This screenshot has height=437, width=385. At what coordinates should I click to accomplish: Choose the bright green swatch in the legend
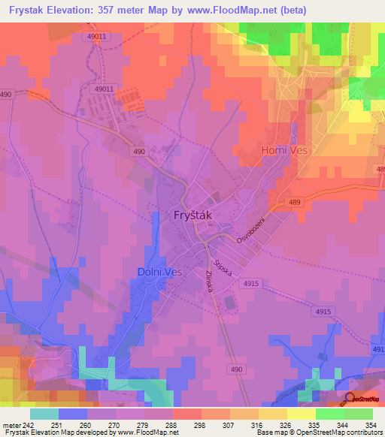[x=329, y=414]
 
